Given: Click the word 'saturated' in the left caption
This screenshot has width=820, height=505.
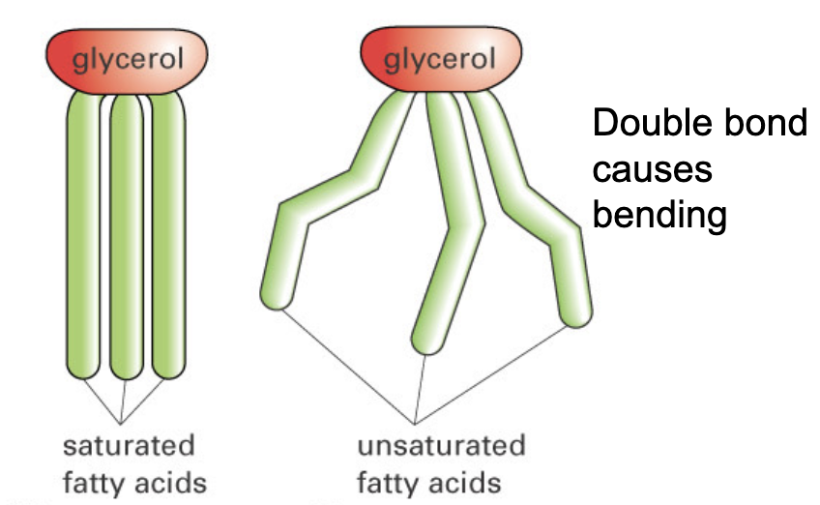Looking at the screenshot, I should click(x=128, y=447).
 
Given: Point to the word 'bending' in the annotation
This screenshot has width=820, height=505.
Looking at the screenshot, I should click(x=659, y=215).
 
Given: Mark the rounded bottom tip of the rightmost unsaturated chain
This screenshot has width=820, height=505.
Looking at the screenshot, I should click(x=577, y=315).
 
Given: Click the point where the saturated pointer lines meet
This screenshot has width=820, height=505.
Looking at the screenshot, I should click(x=122, y=423).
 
